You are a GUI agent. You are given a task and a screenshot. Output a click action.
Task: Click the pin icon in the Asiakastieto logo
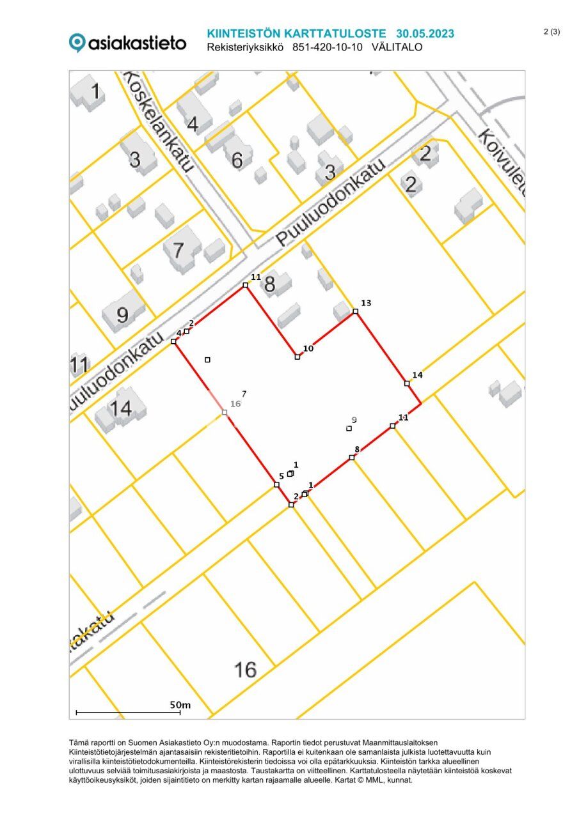[77, 43]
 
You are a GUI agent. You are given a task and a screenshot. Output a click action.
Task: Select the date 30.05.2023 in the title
[425, 34]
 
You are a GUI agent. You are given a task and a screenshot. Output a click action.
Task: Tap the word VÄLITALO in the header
[397, 47]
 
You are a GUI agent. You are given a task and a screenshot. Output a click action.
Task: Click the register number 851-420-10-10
[328, 47]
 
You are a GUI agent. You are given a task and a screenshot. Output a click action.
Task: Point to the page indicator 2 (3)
[551, 32]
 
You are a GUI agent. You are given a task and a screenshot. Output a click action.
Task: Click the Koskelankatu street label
[157, 121]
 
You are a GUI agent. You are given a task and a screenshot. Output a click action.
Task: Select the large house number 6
[237, 160]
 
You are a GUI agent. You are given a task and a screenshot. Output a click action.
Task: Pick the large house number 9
[122, 314]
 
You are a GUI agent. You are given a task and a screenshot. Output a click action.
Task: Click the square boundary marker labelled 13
[355, 312]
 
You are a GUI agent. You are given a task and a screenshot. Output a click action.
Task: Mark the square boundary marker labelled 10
[297, 357]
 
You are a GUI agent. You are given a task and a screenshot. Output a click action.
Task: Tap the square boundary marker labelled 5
[276, 484]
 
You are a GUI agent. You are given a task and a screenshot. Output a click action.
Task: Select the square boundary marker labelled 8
[351, 458]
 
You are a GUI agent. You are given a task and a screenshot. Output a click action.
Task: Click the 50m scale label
[180, 704]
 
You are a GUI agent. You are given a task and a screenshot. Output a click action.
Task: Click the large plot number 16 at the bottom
[245, 670]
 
